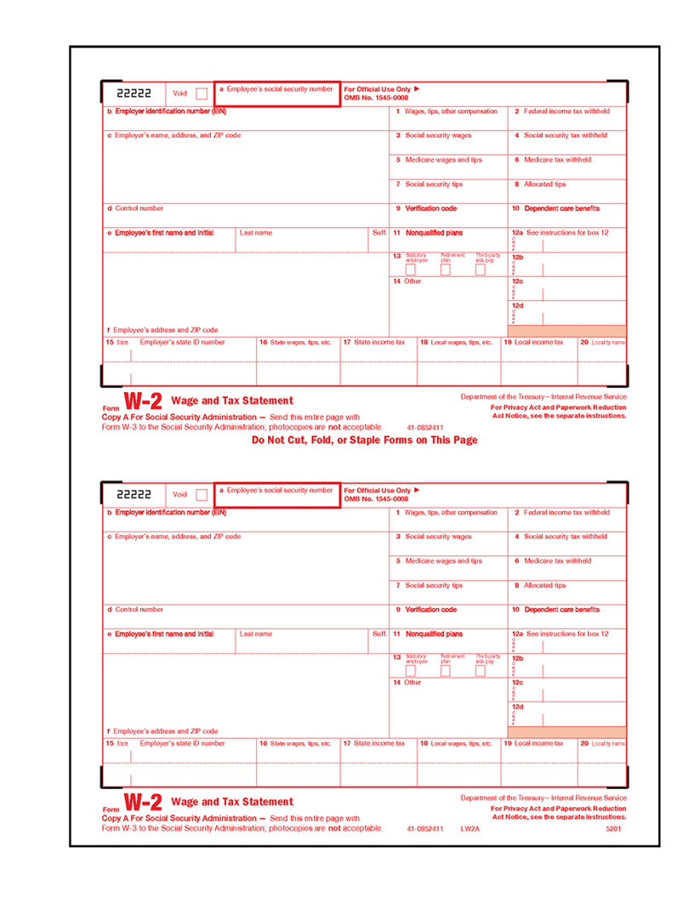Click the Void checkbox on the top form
(202, 94)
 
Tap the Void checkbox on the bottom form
(202, 495)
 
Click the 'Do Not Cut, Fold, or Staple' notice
(365, 440)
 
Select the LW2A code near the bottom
(470, 828)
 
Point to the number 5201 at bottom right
(613, 828)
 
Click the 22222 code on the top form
(134, 94)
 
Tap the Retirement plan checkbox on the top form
(445, 270)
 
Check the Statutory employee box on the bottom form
(411, 671)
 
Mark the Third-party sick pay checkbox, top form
(480, 270)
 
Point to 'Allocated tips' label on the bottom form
(544, 586)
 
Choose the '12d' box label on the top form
(517, 306)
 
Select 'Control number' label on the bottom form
(139, 610)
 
